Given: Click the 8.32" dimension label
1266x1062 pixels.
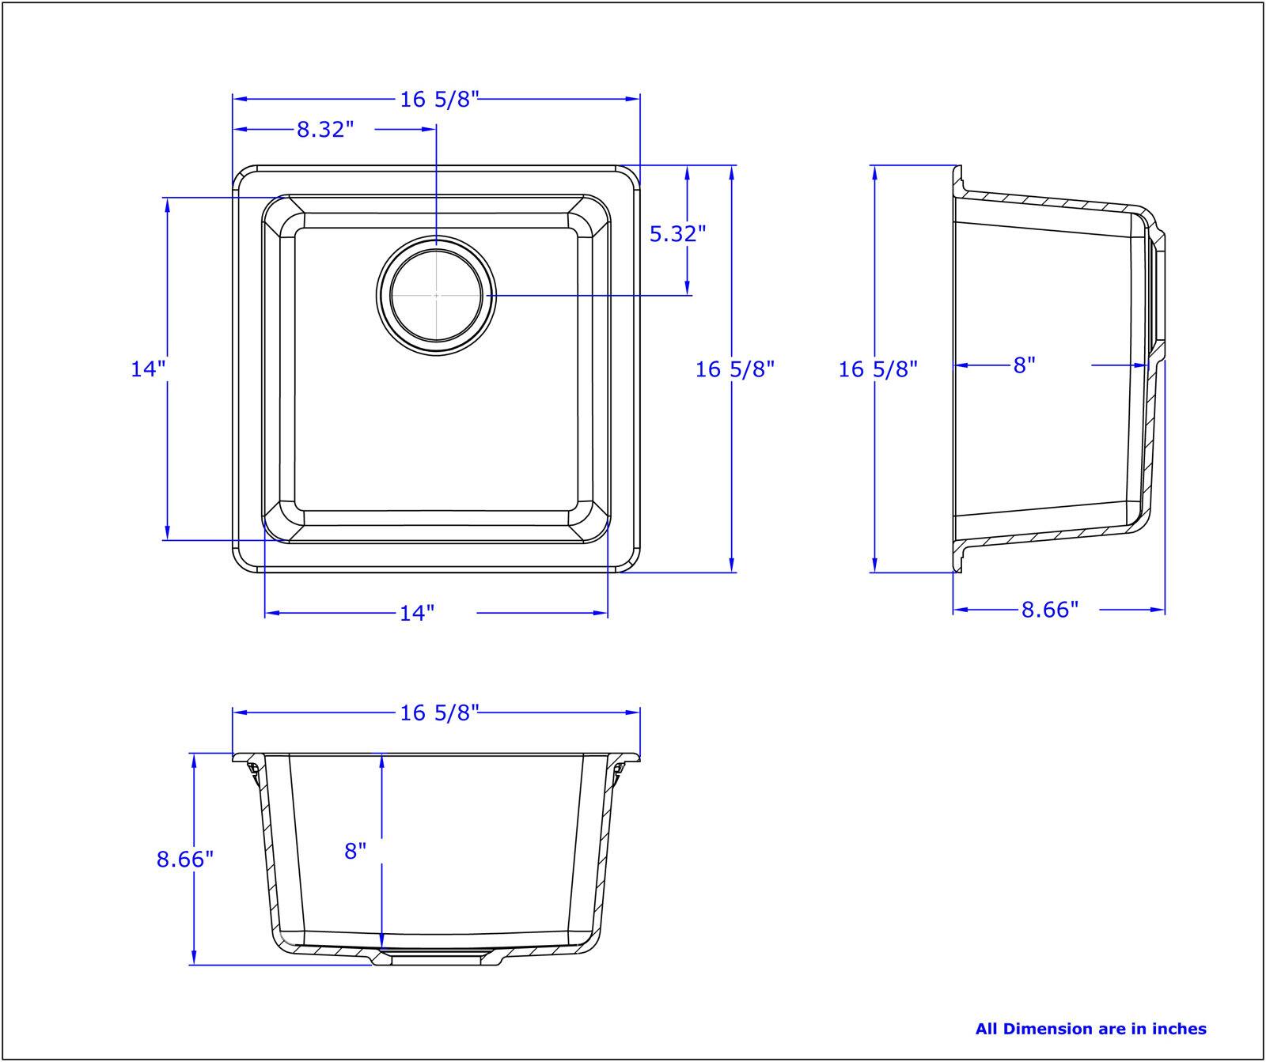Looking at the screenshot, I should coord(325,130).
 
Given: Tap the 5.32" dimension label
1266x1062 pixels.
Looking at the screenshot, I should coord(677,233).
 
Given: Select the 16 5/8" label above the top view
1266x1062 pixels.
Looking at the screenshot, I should coord(440,100).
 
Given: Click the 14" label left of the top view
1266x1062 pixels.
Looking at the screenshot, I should coord(148,368).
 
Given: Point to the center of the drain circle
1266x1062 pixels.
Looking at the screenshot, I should coord(436,295).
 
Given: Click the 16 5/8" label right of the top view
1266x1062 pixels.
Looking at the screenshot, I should coord(734,368).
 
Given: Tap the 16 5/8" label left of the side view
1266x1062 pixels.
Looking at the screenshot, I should coord(877,368).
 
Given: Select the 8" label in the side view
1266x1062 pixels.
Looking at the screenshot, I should coord(1024,365).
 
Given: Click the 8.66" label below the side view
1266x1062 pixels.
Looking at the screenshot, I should coord(1050,610).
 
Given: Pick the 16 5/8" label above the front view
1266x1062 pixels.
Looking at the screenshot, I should coord(440,713).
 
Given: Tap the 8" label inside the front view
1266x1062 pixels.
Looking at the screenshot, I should coord(356,851).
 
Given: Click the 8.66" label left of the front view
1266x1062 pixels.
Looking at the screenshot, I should coord(185,859).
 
